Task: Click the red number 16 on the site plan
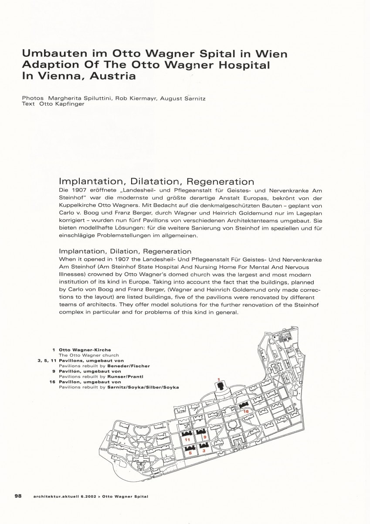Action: [x=246, y=412]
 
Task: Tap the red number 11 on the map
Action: [x=187, y=440]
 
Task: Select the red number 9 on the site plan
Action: [x=204, y=437]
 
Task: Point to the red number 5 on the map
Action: [x=190, y=453]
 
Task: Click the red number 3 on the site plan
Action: [x=204, y=451]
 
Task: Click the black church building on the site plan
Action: [x=221, y=386]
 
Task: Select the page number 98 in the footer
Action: [x=18, y=496]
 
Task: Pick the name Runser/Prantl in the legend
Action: [x=124, y=376]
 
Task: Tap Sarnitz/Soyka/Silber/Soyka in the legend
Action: [x=143, y=387]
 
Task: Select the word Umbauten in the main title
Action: [x=48, y=54]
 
